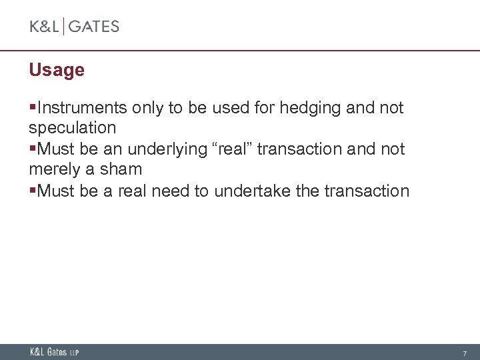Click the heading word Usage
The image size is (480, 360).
tap(57, 70)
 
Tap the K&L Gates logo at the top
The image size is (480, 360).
tap(74, 27)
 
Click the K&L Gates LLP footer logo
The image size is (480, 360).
tap(54, 352)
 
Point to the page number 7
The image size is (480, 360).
tap(465, 353)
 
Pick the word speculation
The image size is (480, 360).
tap(73, 127)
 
